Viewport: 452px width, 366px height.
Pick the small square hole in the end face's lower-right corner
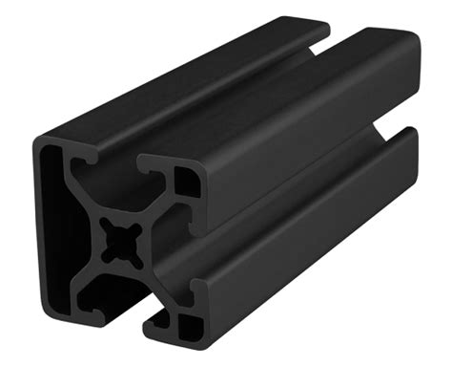[191, 323]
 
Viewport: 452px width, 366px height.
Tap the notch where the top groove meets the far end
[329, 36]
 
